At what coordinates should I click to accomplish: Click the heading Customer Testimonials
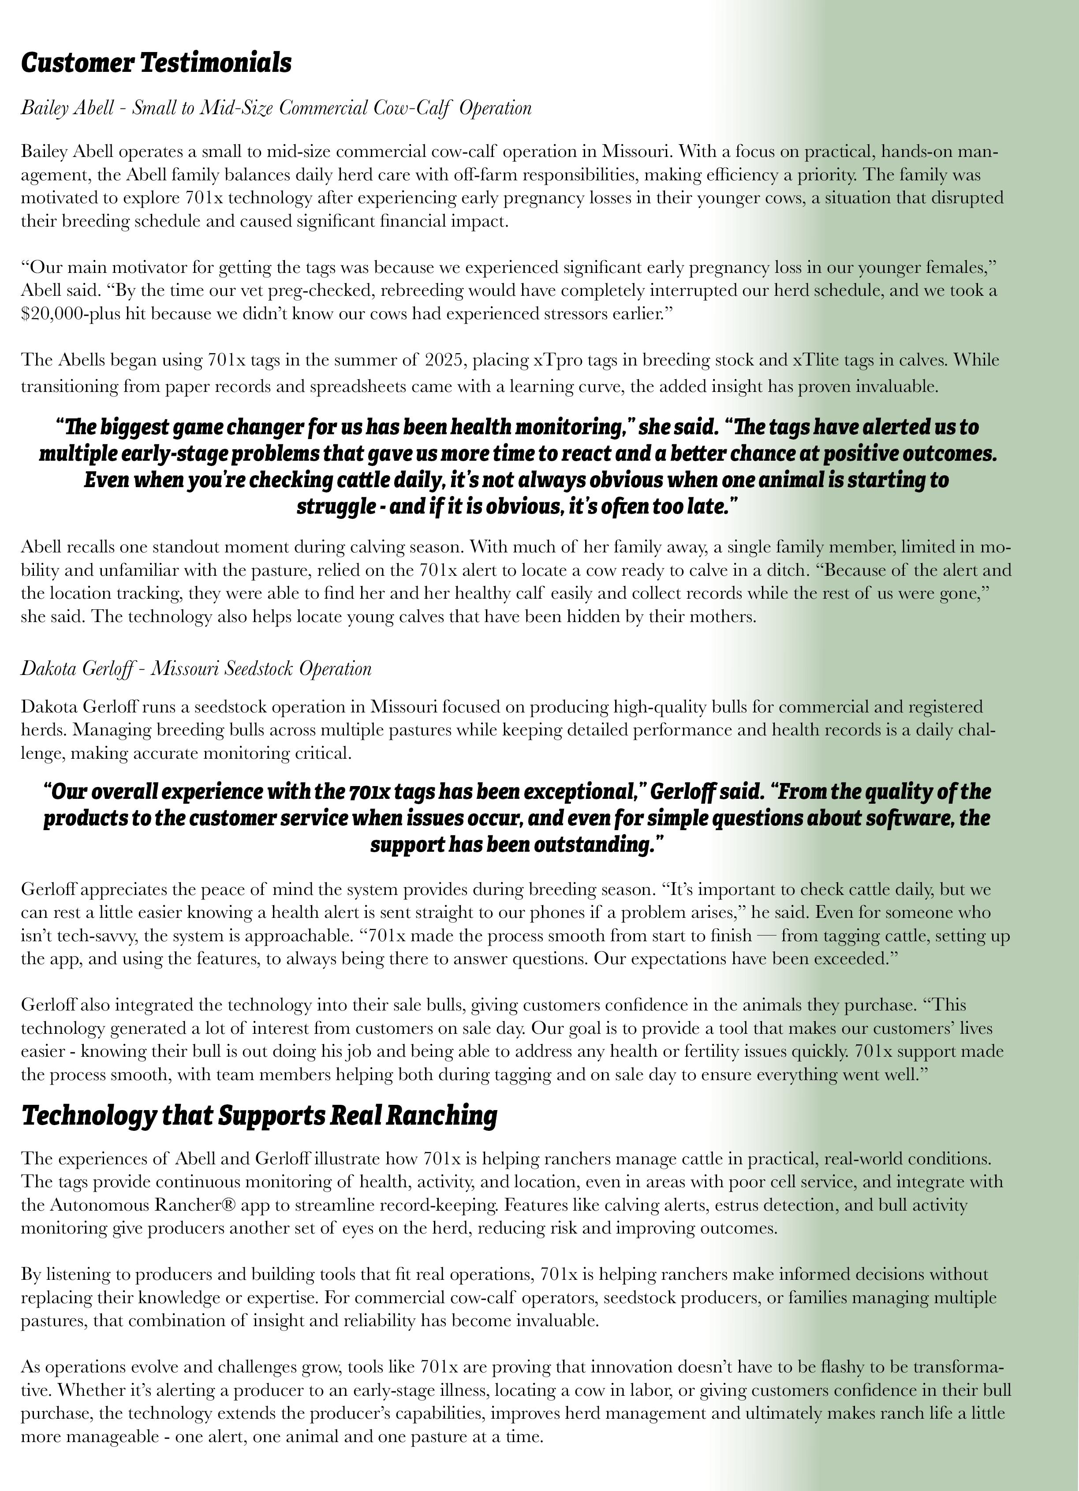point(157,63)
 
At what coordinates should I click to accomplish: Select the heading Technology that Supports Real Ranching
point(259,1115)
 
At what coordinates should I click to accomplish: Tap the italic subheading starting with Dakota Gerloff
point(196,669)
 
